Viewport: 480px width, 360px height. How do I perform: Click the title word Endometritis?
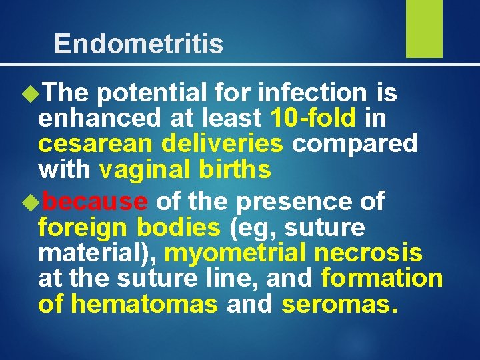[x=139, y=44]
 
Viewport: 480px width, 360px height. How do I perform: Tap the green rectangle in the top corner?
[x=424, y=29]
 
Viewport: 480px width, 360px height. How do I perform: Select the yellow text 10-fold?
[x=313, y=118]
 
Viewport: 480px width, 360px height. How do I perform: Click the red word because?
[x=99, y=201]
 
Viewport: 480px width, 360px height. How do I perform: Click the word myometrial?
[x=235, y=253]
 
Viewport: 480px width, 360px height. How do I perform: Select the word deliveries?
[x=221, y=143]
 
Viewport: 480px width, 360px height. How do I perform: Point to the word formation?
[x=382, y=278]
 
